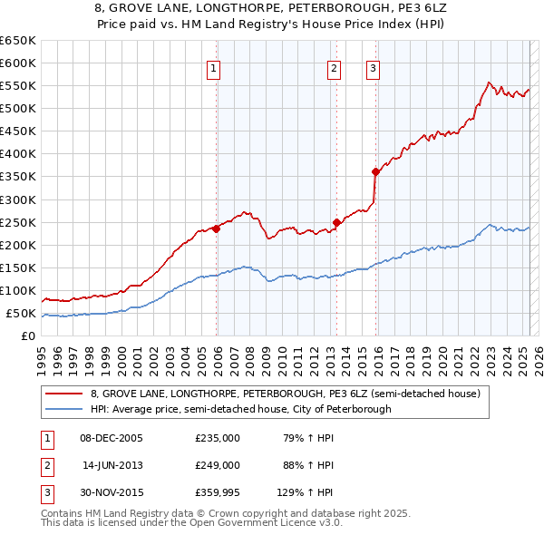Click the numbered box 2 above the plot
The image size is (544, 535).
click(x=334, y=67)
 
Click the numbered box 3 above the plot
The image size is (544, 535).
click(x=373, y=67)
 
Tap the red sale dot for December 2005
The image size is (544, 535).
click(x=217, y=229)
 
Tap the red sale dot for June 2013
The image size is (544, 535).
click(x=336, y=222)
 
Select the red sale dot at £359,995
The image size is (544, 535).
click(x=375, y=171)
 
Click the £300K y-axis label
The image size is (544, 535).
click(x=18, y=199)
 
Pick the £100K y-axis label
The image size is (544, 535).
click(x=18, y=291)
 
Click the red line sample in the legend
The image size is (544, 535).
click(x=64, y=394)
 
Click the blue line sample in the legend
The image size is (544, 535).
click(x=64, y=410)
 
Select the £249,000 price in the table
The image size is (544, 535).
click(x=218, y=465)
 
